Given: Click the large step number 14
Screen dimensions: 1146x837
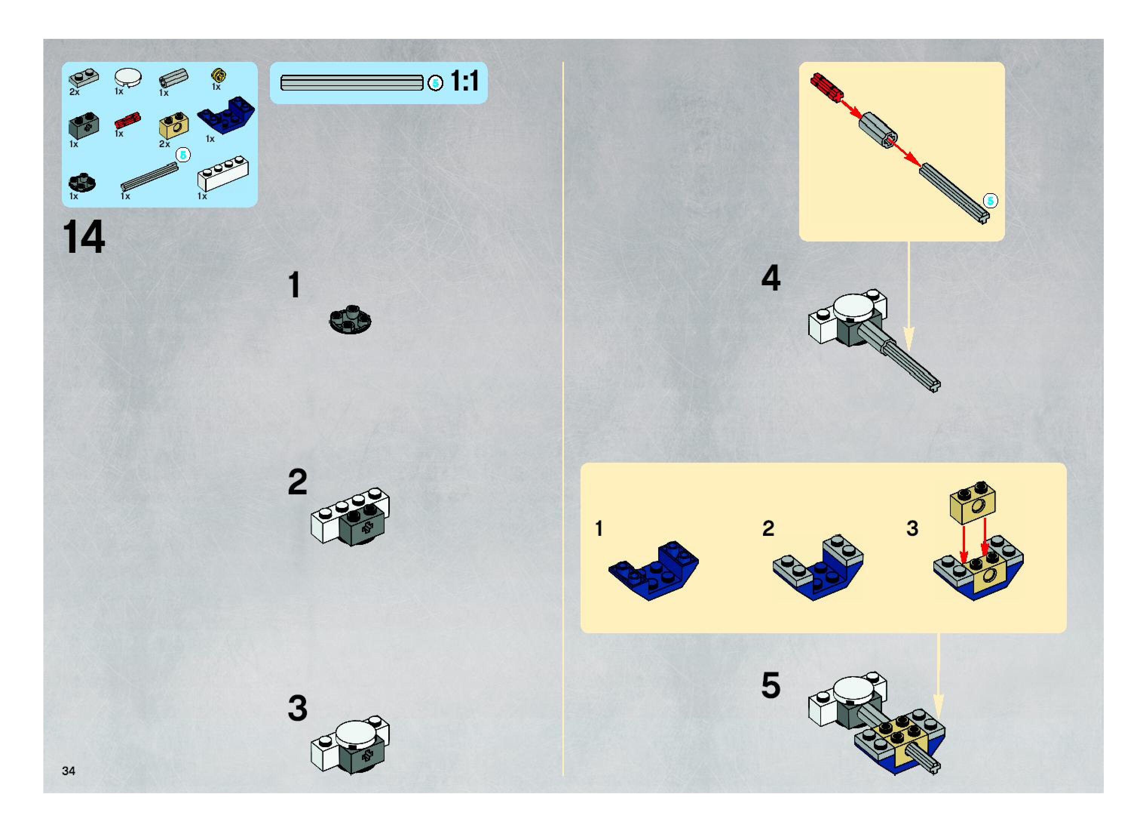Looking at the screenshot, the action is pos(84,237).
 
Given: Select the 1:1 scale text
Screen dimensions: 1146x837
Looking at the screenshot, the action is pos(464,81).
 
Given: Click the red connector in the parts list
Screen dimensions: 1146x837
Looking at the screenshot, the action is pos(127,121).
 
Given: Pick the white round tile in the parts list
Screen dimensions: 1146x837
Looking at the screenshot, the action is pos(128,78).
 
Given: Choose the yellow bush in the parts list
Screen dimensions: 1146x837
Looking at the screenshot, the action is pos(219,75).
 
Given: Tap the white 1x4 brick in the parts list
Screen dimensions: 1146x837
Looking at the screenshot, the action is pos(223,173).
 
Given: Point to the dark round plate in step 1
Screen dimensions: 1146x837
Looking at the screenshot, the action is pos(350,319).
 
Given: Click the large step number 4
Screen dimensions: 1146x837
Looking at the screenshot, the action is pos(771,278).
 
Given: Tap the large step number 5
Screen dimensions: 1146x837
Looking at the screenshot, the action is pos(771,686).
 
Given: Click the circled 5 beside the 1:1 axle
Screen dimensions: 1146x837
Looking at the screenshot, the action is pos(435,83).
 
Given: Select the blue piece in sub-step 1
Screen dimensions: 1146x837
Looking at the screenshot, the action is pos(653,571).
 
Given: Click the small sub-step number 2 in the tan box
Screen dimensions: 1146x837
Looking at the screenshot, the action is pos(768,528).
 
